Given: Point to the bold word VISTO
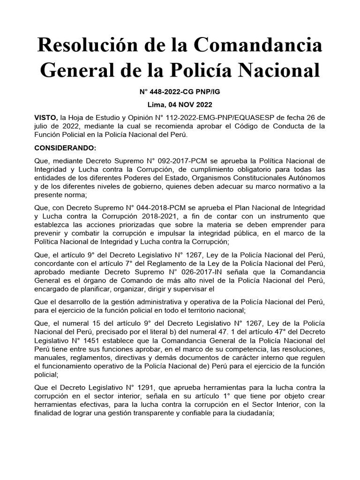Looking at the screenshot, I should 45,117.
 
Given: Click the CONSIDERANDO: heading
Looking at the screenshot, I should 65,148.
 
